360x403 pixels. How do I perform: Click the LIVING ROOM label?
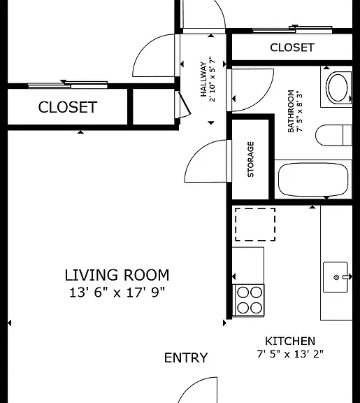tap(117, 275)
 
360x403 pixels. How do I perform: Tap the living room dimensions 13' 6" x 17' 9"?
tap(117, 292)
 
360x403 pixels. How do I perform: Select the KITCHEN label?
tap(290, 341)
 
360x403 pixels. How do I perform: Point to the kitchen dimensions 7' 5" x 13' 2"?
tap(290, 354)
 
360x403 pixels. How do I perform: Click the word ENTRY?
tap(186, 358)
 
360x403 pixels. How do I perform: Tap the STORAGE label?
tap(251, 160)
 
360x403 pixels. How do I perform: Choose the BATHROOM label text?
tap(291, 111)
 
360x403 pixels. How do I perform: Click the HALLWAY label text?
tap(203, 79)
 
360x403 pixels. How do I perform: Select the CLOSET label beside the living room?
tap(68, 107)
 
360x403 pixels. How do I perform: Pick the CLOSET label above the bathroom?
tap(292, 48)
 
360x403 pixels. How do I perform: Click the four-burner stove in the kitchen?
tap(249, 300)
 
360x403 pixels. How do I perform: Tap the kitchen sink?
tap(336, 277)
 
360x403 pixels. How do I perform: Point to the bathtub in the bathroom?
tap(313, 180)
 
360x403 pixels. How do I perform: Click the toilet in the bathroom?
tap(333, 135)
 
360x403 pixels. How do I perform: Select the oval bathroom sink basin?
tap(338, 87)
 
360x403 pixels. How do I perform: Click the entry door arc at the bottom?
tap(192, 386)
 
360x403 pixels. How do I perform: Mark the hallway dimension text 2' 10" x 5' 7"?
tap(213, 79)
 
